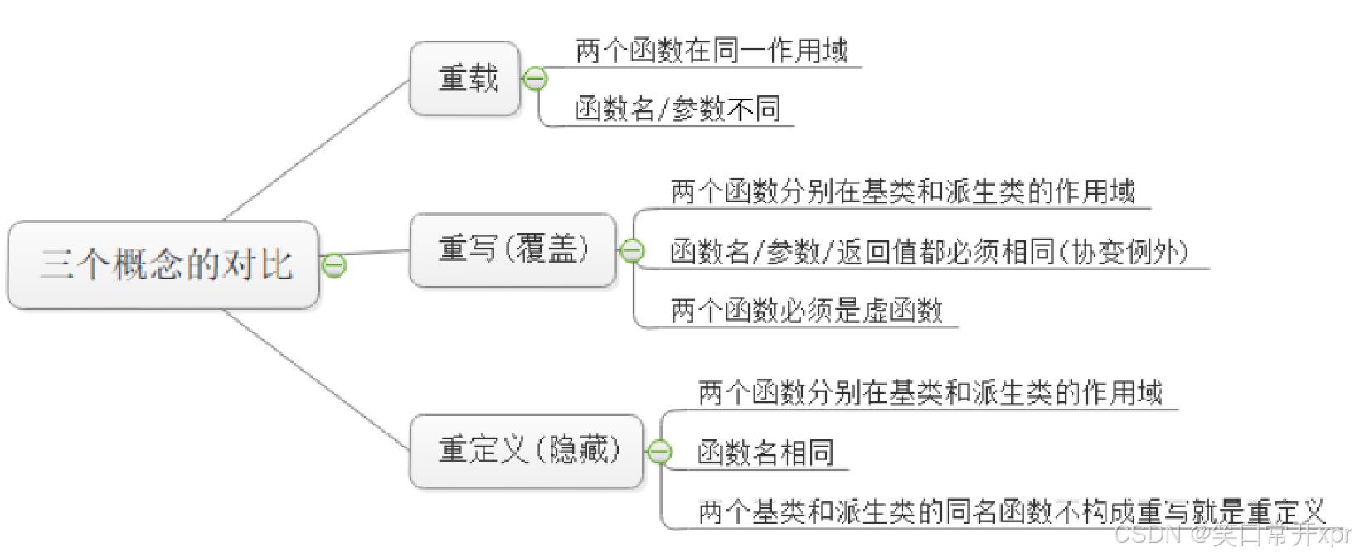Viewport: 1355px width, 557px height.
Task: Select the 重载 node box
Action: point(465,79)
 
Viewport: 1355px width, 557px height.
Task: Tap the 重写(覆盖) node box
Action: point(512,249)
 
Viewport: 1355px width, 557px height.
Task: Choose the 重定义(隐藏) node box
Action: point(527,451)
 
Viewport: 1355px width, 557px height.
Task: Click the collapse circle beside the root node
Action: point(334,265)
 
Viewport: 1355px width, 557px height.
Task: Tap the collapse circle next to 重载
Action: point(536,80)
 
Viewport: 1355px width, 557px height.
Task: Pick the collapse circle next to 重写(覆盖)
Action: point(632,249)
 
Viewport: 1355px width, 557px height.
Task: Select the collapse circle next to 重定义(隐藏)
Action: point(659,452)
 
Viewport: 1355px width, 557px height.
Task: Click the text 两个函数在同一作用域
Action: point(711,51)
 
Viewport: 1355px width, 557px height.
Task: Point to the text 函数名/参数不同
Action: point(677,109)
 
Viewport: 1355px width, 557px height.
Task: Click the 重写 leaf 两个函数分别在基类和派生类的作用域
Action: point(902,192)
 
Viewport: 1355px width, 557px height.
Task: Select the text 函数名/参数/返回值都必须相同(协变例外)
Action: point(929,251)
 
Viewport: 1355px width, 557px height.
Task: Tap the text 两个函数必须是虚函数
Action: point(806,311)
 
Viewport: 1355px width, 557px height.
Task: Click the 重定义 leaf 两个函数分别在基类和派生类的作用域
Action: point(930,393)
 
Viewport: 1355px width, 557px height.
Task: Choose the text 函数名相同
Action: point(765,453)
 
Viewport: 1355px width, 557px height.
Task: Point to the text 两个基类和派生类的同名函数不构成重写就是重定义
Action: point(1012,511)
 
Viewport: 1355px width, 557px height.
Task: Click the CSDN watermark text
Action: point(1232,535)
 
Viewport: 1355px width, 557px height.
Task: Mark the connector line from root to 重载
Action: point(317,150)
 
